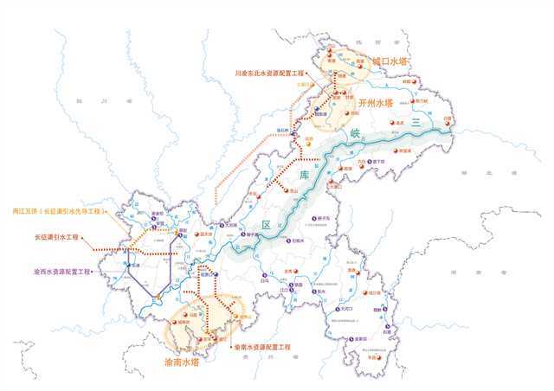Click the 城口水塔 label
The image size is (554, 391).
click(390, 62)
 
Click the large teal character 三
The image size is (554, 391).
click(415, 125)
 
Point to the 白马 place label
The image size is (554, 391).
click(264, 279)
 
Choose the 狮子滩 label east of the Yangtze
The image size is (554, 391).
click(320, 218)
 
